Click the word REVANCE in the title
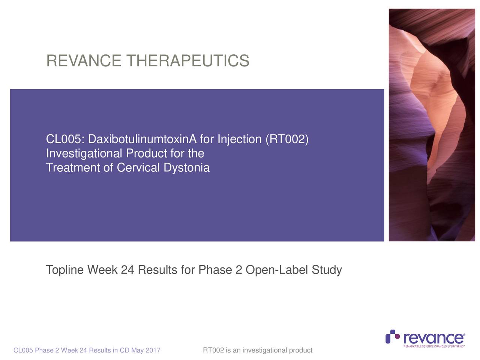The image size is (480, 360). [84, 61]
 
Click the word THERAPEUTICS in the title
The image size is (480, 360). [187, 61]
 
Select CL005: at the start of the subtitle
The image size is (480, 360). [65, 140]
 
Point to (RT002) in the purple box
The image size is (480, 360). [287, 140]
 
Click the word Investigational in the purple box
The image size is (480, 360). [84, 154]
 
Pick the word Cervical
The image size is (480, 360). [138, 168]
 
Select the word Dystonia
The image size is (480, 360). [186, 168]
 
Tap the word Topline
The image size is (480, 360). [65, 270]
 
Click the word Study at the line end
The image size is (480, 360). [327, 270]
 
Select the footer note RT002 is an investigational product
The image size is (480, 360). [257, 351]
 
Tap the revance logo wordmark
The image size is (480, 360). [434, 338]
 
